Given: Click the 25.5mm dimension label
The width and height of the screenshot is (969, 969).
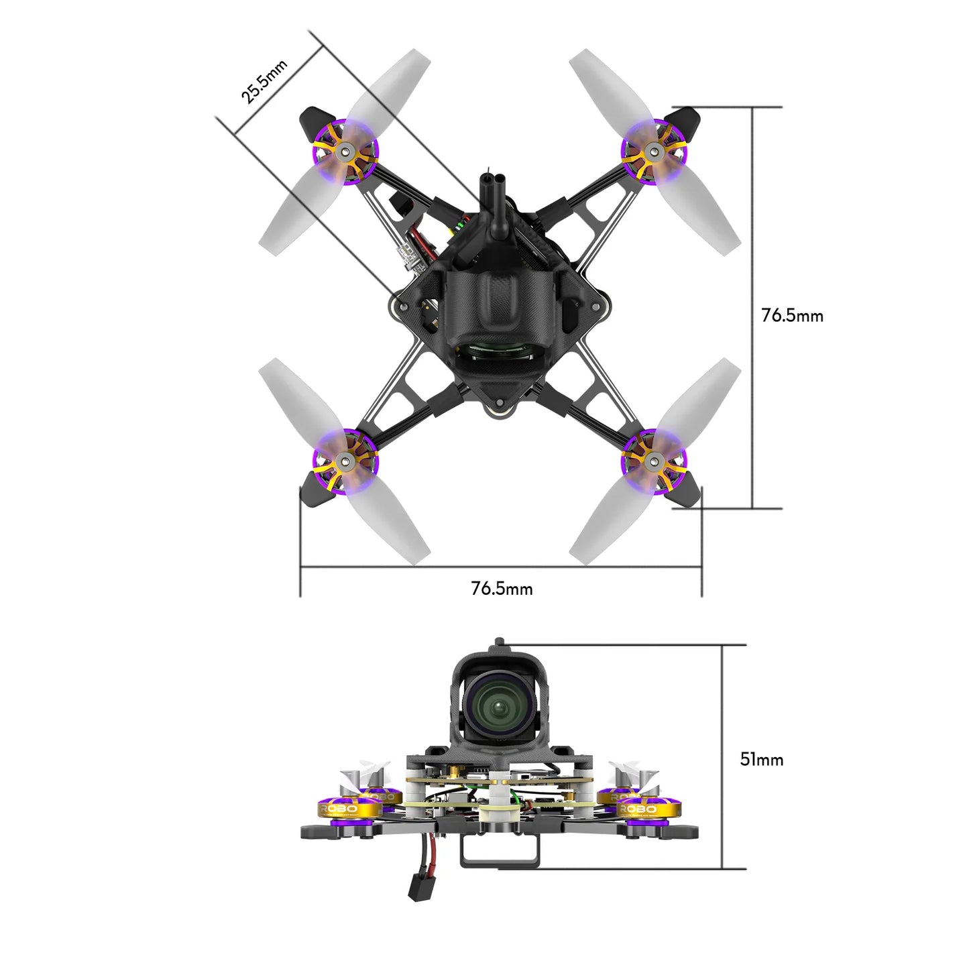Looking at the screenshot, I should tap(264, 81).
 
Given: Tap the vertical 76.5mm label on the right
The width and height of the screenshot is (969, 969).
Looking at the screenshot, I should tap(792, 315).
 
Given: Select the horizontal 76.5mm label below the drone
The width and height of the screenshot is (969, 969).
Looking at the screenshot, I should tap(502, 589).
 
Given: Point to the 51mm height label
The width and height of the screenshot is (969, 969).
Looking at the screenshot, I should tap(761, 759).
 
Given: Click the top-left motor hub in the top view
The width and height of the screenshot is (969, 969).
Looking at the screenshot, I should tap(346, 152).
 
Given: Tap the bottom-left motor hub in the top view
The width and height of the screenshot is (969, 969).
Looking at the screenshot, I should tap(346, 460).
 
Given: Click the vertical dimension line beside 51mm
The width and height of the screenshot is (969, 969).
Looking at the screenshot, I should tap(722, 758).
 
